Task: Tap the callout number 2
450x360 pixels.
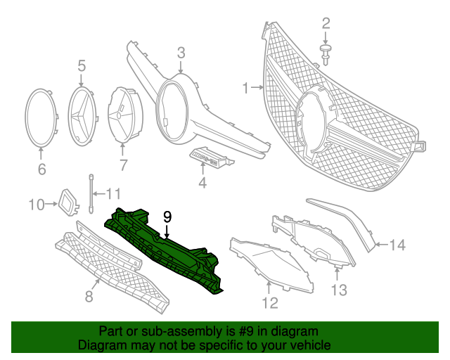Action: tap(326, 24)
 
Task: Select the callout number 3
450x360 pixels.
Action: tap(181, 52)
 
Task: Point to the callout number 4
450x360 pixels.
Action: tap(202, 184)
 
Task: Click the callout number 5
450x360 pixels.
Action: tap(82, 65)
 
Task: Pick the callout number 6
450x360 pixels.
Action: tap(41, 169)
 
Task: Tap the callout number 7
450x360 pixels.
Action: tap(124, 165)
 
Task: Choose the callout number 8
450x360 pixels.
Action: tap(89, 296)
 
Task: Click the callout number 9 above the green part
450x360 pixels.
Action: tap(167, 217)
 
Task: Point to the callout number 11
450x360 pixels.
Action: tap(113, 193)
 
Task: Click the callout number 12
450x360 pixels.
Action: tap(270, 303)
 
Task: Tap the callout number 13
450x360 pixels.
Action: tap(340, 289)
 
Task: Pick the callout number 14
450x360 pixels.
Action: tap(398, 245)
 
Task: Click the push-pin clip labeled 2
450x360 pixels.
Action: tap(326, 50)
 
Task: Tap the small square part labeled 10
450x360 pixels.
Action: tap(69, 202)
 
